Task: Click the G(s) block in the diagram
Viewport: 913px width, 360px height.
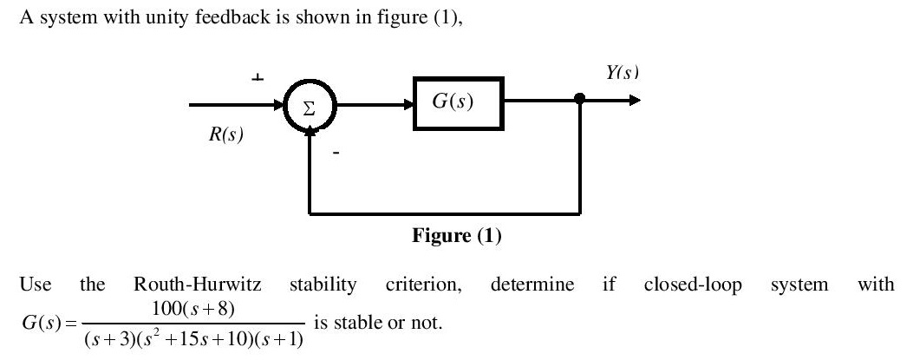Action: [458, 102]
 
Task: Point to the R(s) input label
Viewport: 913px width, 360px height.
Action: [225, 136]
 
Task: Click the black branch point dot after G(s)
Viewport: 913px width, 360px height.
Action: [580, 101]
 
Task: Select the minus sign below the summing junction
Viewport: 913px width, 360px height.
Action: [337, 154]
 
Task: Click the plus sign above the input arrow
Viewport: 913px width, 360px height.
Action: [257, 79]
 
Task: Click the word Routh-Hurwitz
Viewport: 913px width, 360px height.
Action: [196, 285]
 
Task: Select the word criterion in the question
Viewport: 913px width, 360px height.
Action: [423, 285]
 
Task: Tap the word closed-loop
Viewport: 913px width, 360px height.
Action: [692, 285]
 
